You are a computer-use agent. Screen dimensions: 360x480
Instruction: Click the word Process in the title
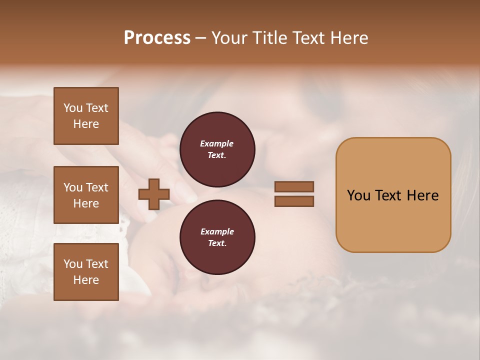coord(157,38)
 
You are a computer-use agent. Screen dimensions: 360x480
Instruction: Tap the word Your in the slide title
coord(230,38)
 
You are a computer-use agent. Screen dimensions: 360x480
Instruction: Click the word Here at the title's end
coord(348,38)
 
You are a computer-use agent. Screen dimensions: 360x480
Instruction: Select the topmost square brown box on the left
coord(86,116)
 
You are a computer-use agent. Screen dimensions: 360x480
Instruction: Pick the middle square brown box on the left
coord(86,195)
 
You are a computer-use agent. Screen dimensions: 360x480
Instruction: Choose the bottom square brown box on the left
coord(86,272)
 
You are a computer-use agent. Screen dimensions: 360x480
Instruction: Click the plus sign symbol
coord(154,194)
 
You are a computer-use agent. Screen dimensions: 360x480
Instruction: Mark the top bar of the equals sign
coord(294,186)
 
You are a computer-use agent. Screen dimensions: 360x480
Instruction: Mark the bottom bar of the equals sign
coord(294,201)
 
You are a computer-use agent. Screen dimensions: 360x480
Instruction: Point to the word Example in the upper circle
coord(217,143)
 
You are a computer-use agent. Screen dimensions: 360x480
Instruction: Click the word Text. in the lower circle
coord(217,243)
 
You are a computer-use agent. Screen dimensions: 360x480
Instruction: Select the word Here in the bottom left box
coord(86,280)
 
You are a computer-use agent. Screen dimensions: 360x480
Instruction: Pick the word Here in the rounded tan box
coord(422,195)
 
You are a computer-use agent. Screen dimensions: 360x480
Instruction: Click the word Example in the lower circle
coord(217,231)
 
